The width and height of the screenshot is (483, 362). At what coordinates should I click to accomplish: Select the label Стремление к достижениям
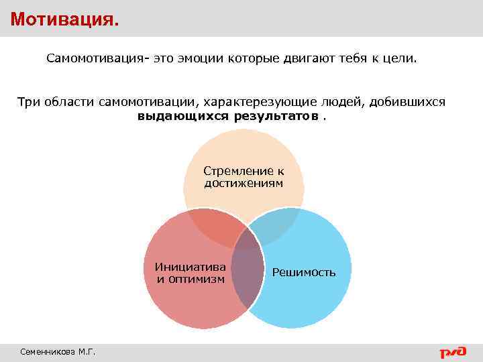(244, 177)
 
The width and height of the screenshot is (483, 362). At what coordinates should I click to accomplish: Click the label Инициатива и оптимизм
(190, 272)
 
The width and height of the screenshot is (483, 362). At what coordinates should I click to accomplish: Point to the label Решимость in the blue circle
(304, 272)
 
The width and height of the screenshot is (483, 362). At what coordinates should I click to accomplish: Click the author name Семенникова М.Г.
(58, 351)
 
